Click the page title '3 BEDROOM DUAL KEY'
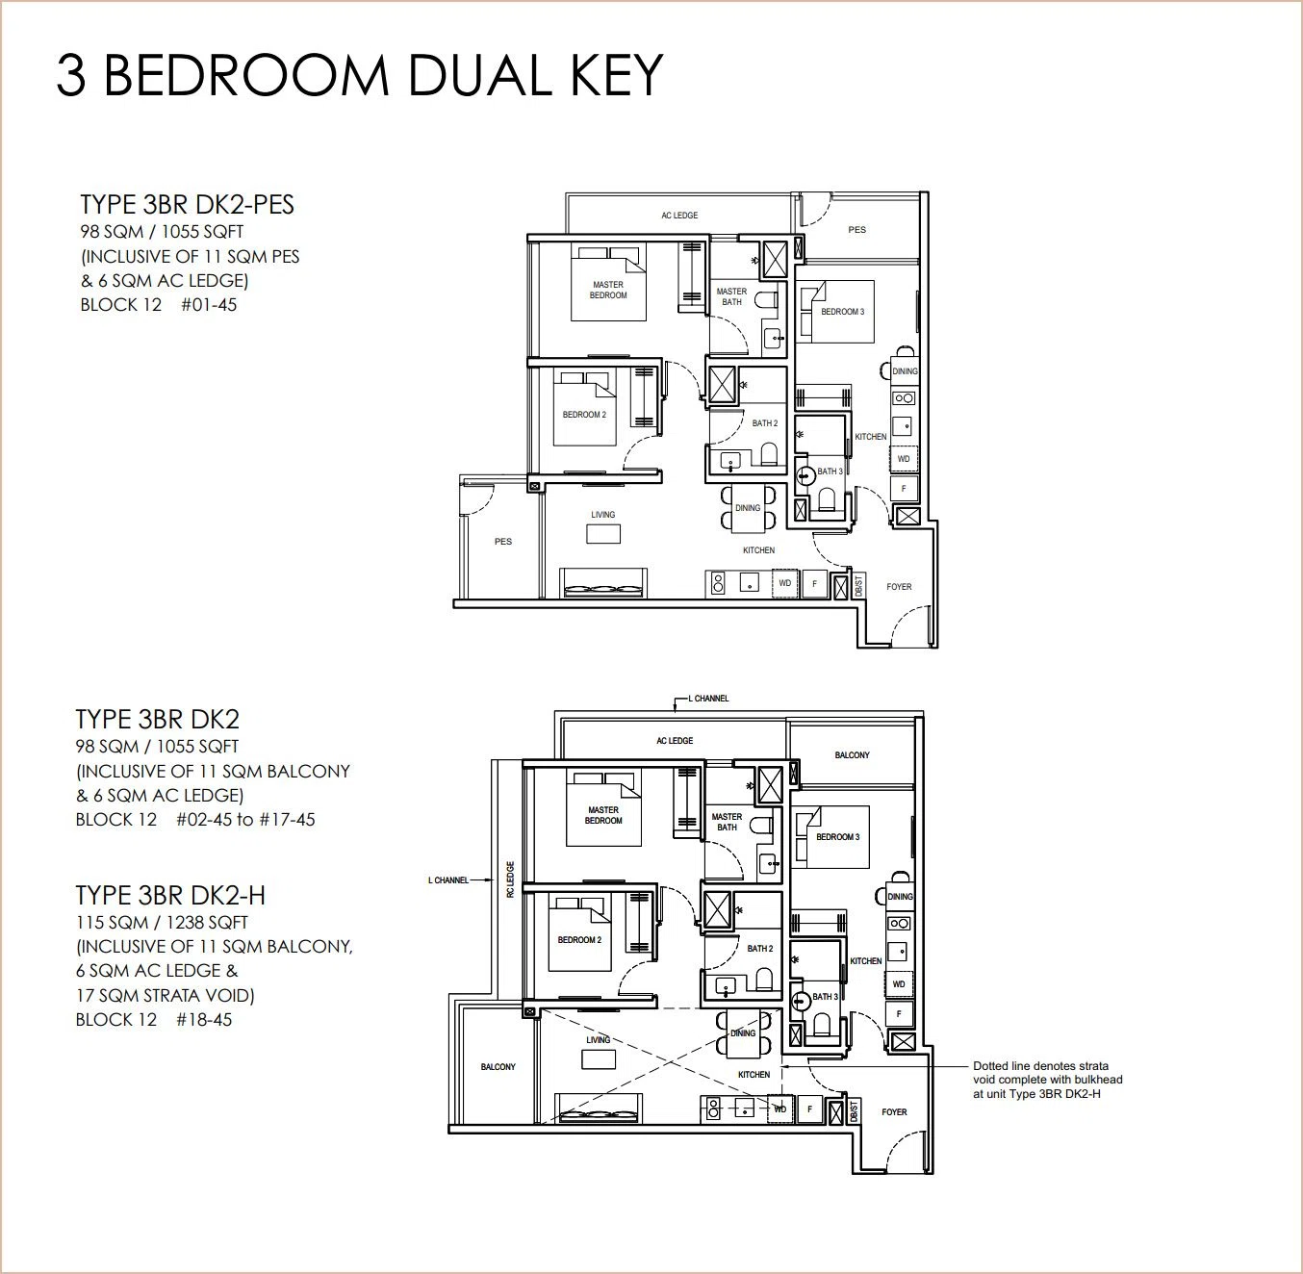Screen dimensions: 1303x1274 tap(360, 75)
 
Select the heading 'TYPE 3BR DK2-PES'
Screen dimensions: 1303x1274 tap(187, 205)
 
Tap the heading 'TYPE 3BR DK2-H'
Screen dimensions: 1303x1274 tap(170, 895)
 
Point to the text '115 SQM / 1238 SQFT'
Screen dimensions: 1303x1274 tap(162, 923)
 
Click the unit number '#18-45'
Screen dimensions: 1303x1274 tap(204, 1020)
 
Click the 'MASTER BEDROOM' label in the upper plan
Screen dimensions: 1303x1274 tap(608, 290)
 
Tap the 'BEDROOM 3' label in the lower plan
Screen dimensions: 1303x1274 tap(837, 837)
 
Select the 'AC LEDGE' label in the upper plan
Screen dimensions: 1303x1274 tap(679, 216)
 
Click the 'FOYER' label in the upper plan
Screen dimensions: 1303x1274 tap(899, 587)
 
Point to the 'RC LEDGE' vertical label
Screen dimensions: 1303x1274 tap(510, 879)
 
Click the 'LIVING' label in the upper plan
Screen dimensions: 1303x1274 tap(602, 515)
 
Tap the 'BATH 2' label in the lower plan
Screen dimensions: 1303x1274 tap(760, 949)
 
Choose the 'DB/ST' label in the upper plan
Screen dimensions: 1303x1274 tap(858, 586)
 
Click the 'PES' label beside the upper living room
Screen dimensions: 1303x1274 tap(503, 542)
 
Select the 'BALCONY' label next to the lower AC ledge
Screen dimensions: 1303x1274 tap(852, 755)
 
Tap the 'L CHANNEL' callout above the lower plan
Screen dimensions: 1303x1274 tap(708, 699)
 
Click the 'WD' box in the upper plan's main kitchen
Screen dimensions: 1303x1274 tap(784, 583)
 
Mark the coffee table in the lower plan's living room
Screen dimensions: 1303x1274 tap(598, 1059)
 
